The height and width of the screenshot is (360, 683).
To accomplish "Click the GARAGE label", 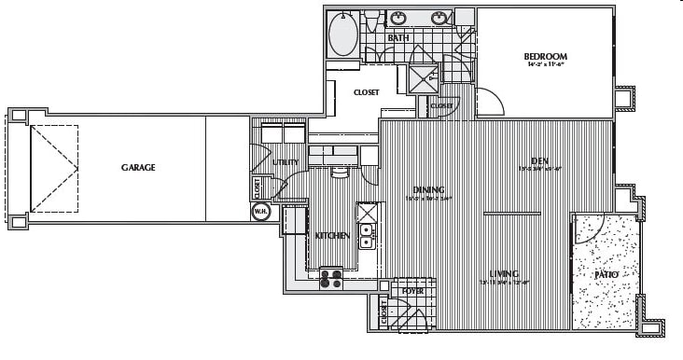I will tap(137, 168).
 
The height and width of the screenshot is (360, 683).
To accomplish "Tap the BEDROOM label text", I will tap(545, 56).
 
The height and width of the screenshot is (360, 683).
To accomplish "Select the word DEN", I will tap(538, 159).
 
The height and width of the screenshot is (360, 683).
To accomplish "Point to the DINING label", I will tap(428, 189).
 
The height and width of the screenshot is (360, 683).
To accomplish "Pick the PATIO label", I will tap(606, 275).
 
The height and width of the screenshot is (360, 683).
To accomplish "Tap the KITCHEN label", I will tap(332, 236).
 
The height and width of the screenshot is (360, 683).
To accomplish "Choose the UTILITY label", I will tap(285, 162).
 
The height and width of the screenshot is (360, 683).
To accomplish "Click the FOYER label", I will tap(411, 291).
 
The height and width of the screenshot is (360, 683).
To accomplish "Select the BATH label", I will tap(398, 38).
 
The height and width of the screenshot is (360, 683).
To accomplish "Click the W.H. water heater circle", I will tap(260, 211).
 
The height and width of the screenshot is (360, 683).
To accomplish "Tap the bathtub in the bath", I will tap(343, 35).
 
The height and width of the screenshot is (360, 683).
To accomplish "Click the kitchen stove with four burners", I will tap(331, 277).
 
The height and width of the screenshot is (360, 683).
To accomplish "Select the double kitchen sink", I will tap(367, 235).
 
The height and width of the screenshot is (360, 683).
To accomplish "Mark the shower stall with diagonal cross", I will tap(424, 78).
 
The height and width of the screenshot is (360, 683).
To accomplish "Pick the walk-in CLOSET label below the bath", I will tap(366, 92).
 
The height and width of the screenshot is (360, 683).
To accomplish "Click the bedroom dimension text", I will tap(545, 65).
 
